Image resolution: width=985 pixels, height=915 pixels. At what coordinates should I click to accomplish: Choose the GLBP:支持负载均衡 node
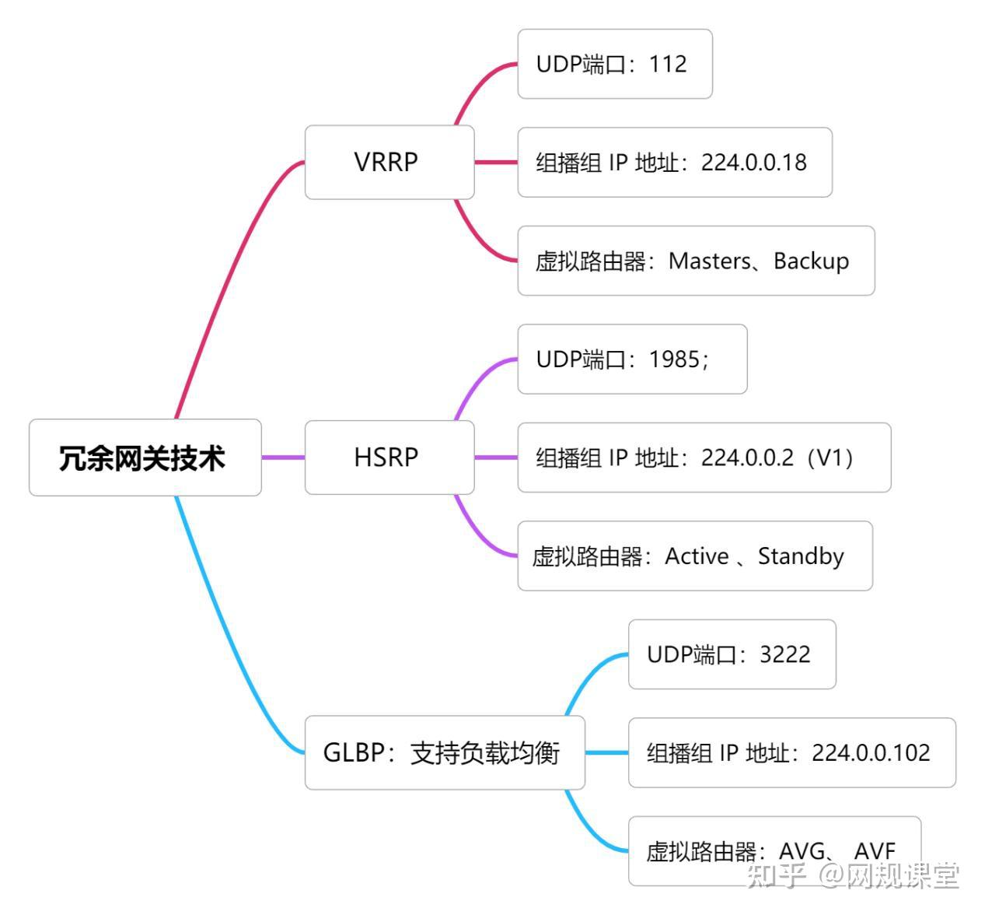pyautogui.click(x=443, y=752)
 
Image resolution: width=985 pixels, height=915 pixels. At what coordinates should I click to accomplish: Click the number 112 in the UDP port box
pyautogui.click(x=668, y=64)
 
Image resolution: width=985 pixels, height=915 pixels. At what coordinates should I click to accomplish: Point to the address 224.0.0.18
pyautogui.click(x=753, y=163)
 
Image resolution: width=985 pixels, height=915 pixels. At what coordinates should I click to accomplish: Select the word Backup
pyautogui.click(x=811, y=261)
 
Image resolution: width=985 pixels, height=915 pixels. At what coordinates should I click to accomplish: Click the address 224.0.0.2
pyautogui.click(x=747, y=457)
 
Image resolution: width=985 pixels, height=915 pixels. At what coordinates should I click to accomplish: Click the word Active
pyautogui.click(x=697, y=556)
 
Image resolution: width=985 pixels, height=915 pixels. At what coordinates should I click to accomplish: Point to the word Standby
pyautogui.click(x=801, y=556)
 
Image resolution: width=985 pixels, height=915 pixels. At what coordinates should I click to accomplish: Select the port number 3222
pyautogui.click(x=784, y=654)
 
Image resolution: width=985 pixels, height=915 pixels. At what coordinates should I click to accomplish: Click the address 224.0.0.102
pyautogui.click(x=871, y=752)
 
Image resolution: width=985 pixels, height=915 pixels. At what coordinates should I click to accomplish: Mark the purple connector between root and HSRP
pyautogui.click(x=283, y=457)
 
